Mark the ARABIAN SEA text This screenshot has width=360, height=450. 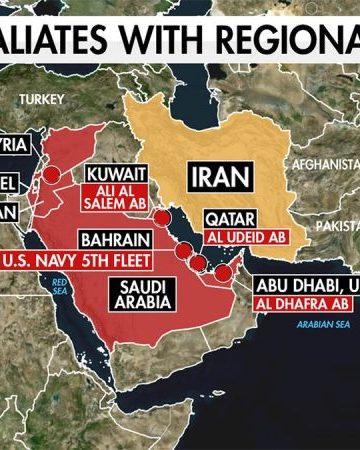coord(319,325)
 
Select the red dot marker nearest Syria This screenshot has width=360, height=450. coord(56,174)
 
